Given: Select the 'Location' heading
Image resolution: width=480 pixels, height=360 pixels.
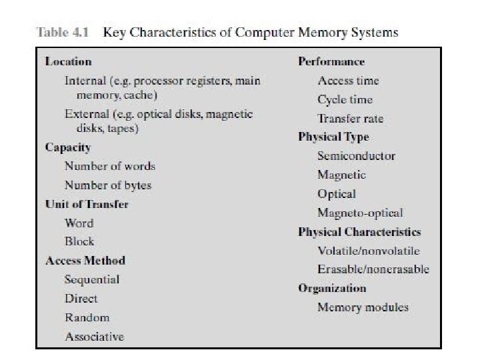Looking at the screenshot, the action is tap(68, 61).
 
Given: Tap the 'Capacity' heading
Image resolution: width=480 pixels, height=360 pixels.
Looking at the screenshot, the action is tap(67, 147).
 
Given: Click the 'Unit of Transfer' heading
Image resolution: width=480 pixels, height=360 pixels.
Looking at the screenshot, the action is tap(87, 204).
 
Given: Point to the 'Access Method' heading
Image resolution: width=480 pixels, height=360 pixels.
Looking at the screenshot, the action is tap(85, 260).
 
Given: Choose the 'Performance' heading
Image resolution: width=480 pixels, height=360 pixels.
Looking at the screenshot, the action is tap(331, 61).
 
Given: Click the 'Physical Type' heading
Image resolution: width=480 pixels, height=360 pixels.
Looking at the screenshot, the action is tap(333, 137).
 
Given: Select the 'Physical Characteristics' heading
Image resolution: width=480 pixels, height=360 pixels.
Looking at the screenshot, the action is tap(359, 232).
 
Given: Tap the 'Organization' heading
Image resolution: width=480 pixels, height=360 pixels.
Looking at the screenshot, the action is tap(332, 288).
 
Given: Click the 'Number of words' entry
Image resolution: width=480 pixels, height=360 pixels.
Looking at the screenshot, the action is tap(110, 166).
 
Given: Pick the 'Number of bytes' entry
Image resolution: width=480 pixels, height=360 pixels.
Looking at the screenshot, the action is tap(108, 185).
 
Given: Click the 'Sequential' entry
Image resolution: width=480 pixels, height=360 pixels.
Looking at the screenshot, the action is tap(92, 279).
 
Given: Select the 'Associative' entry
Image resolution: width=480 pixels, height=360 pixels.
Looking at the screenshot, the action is tap(94, 337).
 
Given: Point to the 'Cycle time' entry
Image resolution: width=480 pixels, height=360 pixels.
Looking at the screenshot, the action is tap(345, 99).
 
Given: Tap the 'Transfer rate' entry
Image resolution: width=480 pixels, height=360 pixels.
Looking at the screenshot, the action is tap(351, 119).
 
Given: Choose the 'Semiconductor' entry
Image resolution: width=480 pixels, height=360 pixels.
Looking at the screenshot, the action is tap(356, 156).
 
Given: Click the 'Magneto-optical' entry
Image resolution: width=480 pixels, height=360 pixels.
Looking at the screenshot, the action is tap(360, 213).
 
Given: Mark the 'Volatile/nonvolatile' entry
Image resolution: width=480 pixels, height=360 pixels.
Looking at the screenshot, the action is tap(369, 251).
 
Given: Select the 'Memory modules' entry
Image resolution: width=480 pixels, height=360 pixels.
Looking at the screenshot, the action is tap(363, 307).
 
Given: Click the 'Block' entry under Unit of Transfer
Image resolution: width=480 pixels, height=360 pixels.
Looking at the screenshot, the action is tap(79, 241).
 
